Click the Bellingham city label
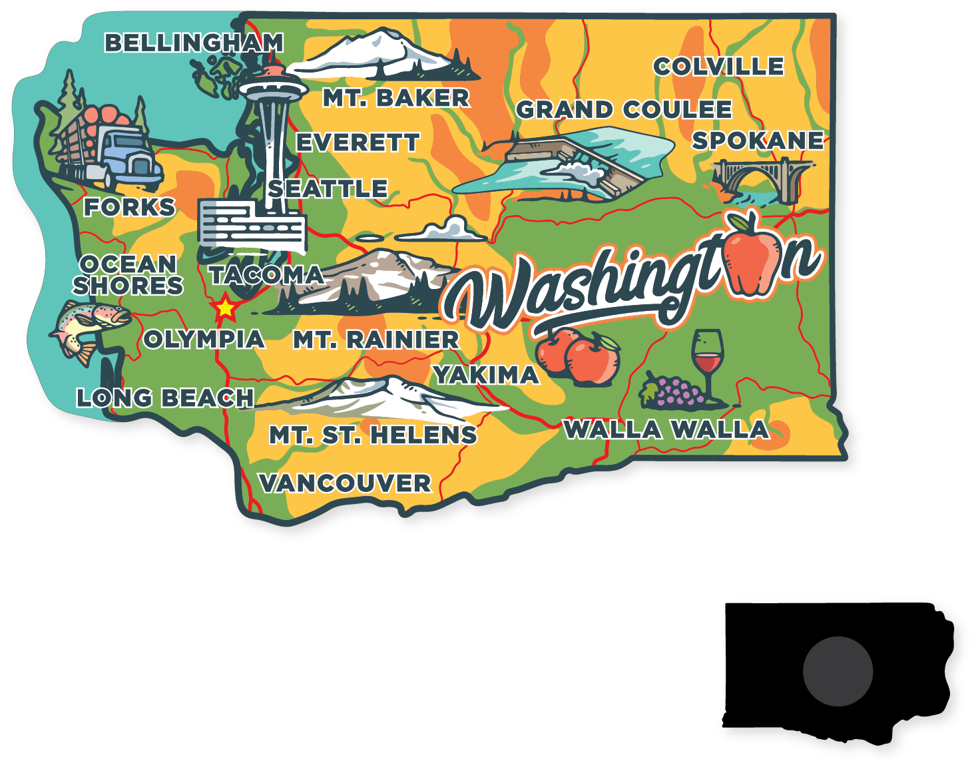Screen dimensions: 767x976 pyautogui.click(x=194, y=43)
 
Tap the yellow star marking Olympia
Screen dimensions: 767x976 pyautogui.click(x=225, y=308)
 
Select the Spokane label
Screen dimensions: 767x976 pyautogui.click(x=758, y=141)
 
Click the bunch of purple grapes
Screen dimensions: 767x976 pyautogui.click(x=674, y=391)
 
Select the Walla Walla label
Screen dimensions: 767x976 pyautogui.click(x=666, y=430)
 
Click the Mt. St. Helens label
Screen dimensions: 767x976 pyautogui.click(x=373, y=435)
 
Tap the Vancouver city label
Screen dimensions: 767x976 pyautogui.click(x=345, y=483)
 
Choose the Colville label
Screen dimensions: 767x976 pyautogui.click(x=718, y=67)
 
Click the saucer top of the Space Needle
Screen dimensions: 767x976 pyautogui.click(x=273, y=87)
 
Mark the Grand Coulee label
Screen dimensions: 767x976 pyautogui.click(x=624, y=110)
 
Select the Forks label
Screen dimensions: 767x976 pyautogui.click(x=129, y=207)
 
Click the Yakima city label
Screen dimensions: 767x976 pyautogui.click(x=486, y=376)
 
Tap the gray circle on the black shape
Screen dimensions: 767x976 pyautogui.click(x=838, y=671)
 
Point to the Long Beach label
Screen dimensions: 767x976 pyautogui.click(x=165, y=398)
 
